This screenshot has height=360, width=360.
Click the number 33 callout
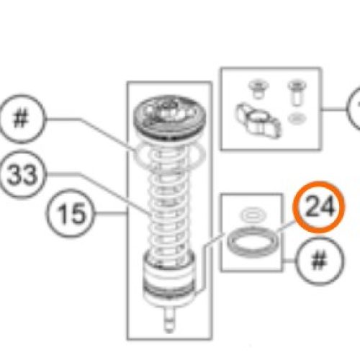[22, 174]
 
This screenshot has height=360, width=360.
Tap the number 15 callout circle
[70, 213]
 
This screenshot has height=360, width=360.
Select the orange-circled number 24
[319, 207]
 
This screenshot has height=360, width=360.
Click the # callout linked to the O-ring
[22, 119]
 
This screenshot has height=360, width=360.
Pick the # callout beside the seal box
[319, 261]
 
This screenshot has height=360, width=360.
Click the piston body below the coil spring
[169, 279]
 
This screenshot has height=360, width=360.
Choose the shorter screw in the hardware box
[258, 89]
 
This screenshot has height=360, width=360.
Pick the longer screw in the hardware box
[297, 93]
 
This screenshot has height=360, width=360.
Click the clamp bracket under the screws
[258, 121]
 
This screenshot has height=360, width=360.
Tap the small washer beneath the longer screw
[297, 118]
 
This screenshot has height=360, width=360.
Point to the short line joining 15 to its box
[111, 213]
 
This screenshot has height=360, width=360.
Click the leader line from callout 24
[286, 227]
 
